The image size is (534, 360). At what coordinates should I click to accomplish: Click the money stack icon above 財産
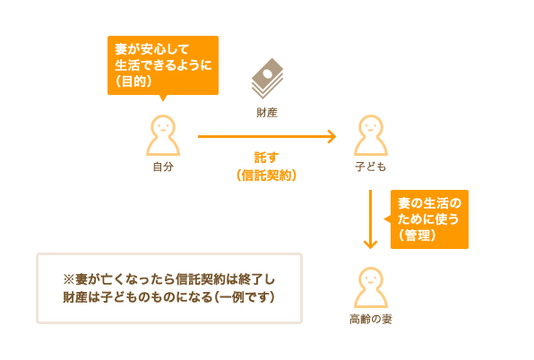[268, 78]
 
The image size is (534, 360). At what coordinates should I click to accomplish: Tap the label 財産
[267, 113]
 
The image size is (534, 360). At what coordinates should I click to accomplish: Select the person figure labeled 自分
[163, 135]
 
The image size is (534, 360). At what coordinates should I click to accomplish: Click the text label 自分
[163, 167]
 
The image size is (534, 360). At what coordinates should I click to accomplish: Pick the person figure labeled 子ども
[371, 135]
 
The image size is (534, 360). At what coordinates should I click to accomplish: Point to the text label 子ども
[371, 167]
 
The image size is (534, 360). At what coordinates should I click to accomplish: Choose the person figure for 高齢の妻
[371, 287]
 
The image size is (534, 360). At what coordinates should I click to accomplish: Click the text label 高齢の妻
[371, 319]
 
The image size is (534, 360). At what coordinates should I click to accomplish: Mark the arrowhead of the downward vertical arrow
[371, 244]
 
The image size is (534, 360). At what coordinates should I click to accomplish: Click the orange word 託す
[267, 158]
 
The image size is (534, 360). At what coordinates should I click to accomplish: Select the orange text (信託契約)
[267, 176]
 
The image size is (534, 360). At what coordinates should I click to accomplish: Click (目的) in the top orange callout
[133, 81]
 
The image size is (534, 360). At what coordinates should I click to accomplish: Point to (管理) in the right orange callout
[418, 236]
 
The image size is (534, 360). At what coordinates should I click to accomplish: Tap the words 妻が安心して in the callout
[152, 49]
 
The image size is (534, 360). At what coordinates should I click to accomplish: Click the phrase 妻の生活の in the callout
[429, 203]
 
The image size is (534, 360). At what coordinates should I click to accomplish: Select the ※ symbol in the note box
[68, 279]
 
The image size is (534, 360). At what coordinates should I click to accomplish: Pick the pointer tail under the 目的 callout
[163, 98]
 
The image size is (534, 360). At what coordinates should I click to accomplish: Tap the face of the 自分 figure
[163, 127]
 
